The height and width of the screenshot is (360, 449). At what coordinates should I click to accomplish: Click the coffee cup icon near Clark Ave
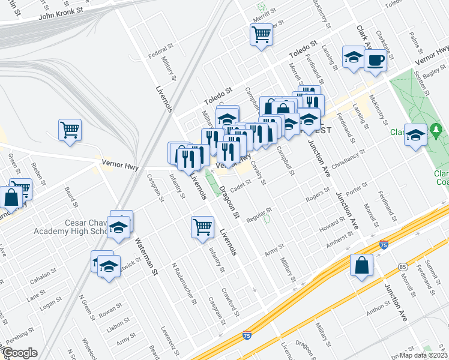(375, 60)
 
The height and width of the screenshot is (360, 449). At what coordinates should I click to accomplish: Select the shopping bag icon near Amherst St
(361, 266)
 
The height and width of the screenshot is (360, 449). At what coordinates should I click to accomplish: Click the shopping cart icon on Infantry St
(202, 227)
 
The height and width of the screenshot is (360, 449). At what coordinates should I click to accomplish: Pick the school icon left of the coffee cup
(354, 58)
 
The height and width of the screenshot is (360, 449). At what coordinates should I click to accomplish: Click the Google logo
(19, 353)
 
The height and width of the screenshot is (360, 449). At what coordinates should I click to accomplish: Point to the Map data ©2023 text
(423, 355)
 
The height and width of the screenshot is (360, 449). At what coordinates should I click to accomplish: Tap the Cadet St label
(240, 187)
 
